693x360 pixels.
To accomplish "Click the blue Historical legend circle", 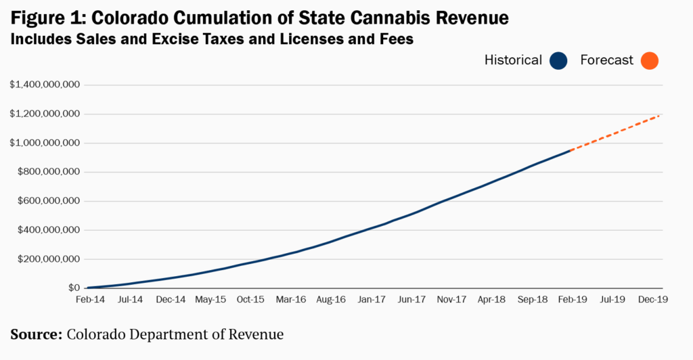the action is coord(558,60).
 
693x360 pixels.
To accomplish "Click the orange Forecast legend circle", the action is coord(649,60).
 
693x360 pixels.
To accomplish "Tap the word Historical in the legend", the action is coord(513,60).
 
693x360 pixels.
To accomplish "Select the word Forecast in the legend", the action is coord(606,60).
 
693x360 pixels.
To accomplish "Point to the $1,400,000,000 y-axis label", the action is coord(45,85).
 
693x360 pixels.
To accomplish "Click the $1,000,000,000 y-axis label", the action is coord(45,143).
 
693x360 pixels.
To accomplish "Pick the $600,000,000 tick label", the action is coord(49,201).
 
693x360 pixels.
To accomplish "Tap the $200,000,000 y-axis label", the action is coord(49,259).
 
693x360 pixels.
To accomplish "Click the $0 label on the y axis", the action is coord(74,288).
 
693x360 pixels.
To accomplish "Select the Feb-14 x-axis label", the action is coord(90,300).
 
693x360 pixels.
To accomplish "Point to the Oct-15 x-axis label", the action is coord(250,300).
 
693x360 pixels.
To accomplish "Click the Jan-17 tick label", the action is coord(372,300).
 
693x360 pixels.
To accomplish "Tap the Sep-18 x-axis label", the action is coord(532,300).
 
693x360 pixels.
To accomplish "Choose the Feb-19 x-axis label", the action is coord(573,300).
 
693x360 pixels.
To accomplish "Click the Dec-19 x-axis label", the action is coord(653,300).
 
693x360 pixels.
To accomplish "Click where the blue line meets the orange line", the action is coord(571,150).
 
